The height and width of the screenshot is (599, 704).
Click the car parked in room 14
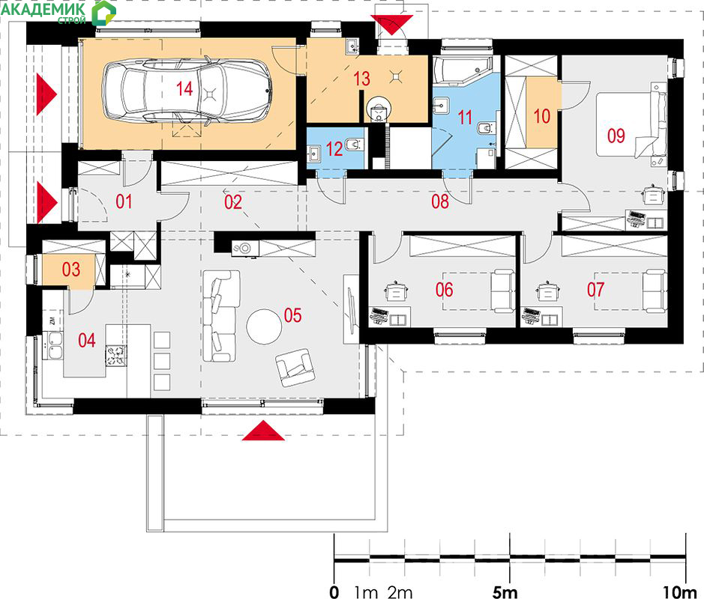tap(187, 91)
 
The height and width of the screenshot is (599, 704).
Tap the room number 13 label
tap(362, 79)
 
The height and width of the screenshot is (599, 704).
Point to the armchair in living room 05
tap(295, 367)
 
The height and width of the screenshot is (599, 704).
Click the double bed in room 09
tap(631, 124)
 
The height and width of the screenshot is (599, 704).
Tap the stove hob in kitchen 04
tap(116, 356)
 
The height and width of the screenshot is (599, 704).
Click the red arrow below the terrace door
tap(263, 431)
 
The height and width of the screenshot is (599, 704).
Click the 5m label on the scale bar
tap(505, 592)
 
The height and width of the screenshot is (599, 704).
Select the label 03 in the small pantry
tap(71, 270)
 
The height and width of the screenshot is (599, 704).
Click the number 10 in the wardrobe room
tap(541, 116)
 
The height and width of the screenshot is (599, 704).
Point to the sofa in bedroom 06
tap(503, 291)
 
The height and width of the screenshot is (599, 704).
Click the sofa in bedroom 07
tap(655, 291)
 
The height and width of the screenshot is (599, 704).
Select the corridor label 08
tap(440, 201)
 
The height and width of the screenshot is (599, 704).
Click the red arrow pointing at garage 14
tap(46, 94)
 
